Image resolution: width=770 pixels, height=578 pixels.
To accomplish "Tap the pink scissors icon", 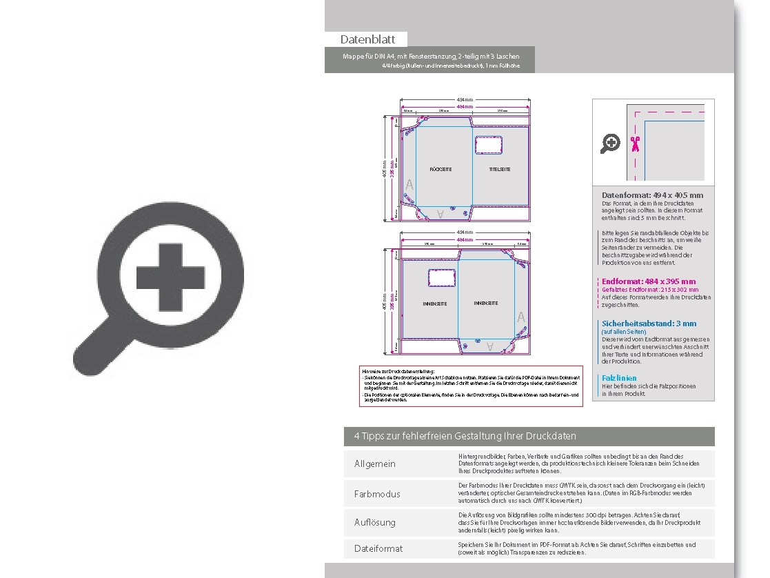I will [635, 143].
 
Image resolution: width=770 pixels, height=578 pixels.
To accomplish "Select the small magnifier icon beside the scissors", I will [611, 143].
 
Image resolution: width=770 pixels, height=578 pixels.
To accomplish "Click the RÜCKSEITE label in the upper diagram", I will [440, 169].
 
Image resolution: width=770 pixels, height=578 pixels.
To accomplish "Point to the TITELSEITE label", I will [500, 169].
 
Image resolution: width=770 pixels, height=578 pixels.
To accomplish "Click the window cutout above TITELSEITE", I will [488, 145].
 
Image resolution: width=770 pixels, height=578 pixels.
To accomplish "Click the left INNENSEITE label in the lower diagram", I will [435, 304].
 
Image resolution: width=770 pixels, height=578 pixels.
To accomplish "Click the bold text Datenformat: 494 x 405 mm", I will [652, 195].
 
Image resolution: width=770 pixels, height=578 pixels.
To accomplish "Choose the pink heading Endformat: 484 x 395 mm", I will [649, 281].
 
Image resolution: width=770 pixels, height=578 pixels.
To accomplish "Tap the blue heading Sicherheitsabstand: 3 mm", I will [649, 323].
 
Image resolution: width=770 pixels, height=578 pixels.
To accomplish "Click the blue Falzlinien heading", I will [619, 378].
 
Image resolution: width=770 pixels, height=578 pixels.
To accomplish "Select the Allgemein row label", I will [375, 464].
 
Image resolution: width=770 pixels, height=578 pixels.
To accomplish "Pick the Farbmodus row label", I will [377, 494].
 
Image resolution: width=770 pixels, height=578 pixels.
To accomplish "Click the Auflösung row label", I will [375, 522].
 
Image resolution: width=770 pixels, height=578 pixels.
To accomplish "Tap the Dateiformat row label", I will [378, 548].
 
